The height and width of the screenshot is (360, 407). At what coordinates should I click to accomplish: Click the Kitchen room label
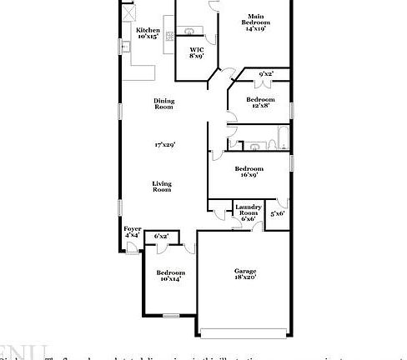pyautogui.click(x=148, y=29)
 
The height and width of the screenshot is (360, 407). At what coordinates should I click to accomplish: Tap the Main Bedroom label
pyautogui.click(x=254, y=17)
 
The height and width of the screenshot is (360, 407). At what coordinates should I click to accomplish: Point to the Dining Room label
pyautogui.click(x=163, y=104)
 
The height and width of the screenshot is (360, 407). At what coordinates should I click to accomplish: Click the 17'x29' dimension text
pyautogui.click(x=163, y=145)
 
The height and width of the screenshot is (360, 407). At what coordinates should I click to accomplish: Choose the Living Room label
pyautogui.click(x=162, y=187)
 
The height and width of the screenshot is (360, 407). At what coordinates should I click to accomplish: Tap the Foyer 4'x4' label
pyautogui.click(x=132, y=232)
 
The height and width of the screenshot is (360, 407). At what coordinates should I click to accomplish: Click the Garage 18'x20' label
pyautogui.click(x=244, y=274)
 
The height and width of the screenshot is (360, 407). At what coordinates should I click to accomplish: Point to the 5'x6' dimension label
pyautogui.click(x=278, y=214)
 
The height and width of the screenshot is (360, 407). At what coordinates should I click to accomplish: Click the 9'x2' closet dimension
pyautogui.click(x=266, y=74)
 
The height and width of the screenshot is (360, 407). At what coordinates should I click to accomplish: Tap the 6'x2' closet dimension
pyautogui.click(x=161, y=237)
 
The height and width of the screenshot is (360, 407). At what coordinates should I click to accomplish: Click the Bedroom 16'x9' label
pyautogui.click(x=249, y=172)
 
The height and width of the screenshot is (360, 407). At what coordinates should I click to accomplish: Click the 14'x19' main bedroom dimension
pyautogui.click(x=255, y=28)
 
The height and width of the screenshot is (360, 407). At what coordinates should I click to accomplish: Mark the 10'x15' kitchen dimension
pyautogui.click(x=148, y=36)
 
